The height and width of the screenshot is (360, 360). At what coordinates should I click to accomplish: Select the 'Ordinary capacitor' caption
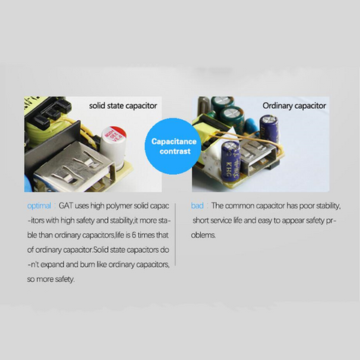(x=294, y=106)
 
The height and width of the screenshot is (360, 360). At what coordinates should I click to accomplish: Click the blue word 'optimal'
(x=39, y=205)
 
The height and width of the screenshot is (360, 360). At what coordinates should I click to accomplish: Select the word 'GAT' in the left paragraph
(x=67, y=205)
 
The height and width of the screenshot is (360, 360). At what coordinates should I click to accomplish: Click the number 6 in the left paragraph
(x=126, y=235)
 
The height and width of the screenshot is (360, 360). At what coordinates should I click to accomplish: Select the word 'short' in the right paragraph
(x=202, y=220)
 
